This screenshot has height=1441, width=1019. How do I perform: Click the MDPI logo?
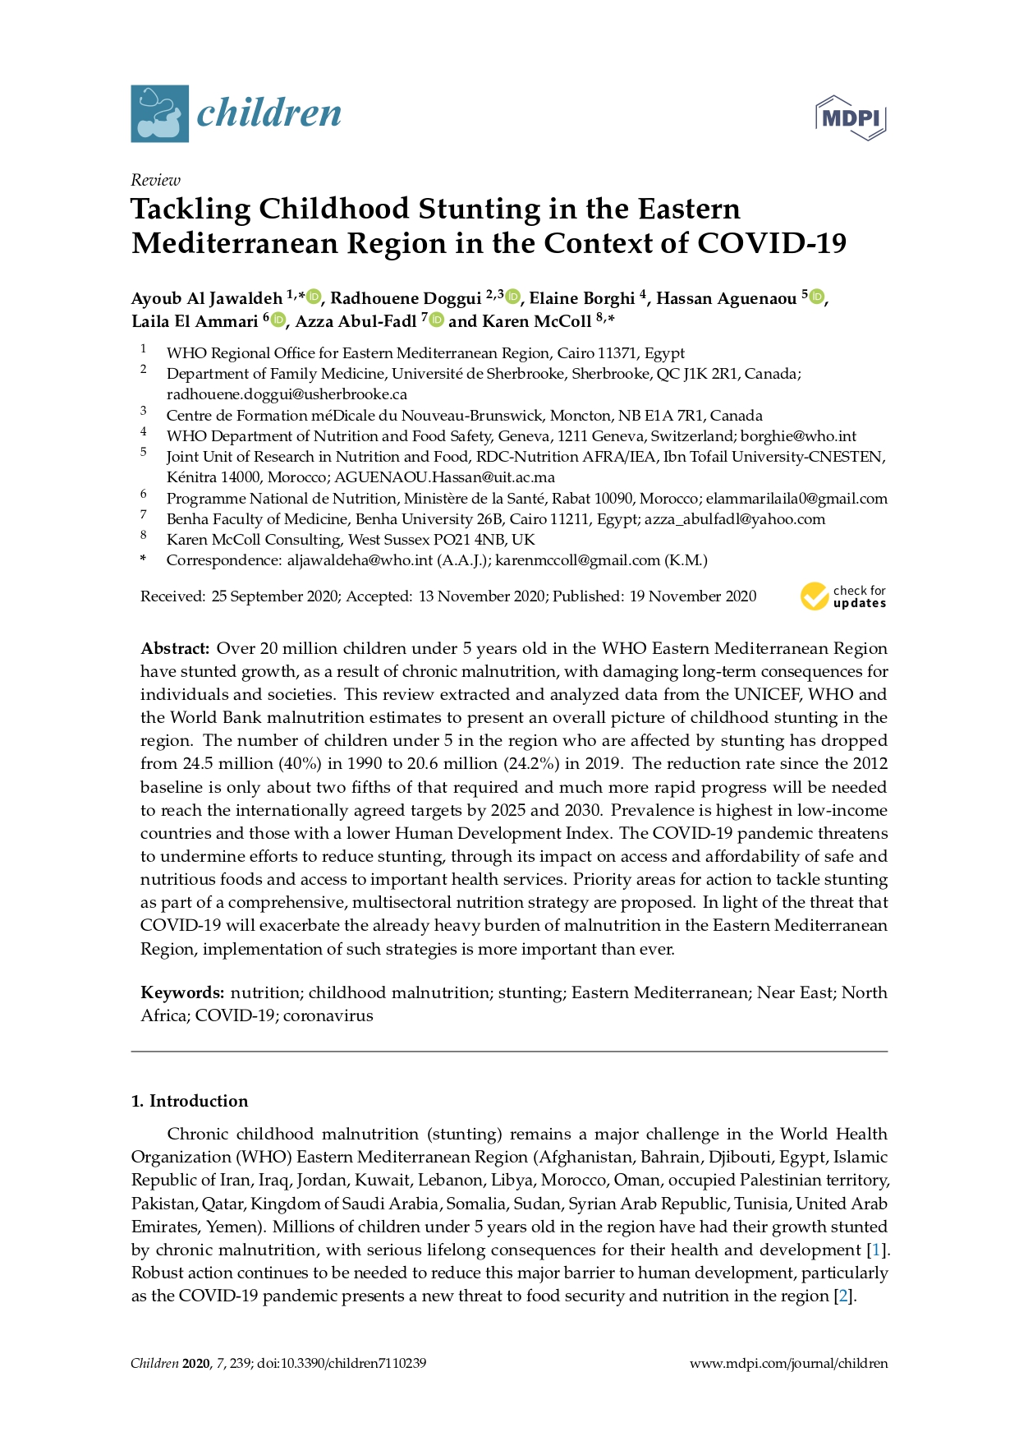pos(851,117)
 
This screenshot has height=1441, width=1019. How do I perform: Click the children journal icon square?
pos(159,113)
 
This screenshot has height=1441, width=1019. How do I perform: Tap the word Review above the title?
pos(155,180)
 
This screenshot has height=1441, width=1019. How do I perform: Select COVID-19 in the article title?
pos(772,243)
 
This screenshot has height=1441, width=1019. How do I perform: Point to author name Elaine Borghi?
pos(581,298)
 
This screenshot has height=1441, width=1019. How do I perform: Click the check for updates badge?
pos(843,596)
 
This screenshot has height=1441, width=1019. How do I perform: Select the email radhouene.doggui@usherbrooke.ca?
pos(287,394)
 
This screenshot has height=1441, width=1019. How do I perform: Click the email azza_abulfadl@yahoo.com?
pos(735,519)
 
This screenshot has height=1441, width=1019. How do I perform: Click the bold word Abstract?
pos(175,649)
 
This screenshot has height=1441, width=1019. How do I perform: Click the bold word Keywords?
pos(182,992)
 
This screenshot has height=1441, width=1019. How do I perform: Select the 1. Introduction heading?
pos(190,1101)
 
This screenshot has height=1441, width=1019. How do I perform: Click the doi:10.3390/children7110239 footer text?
pos(342,1364)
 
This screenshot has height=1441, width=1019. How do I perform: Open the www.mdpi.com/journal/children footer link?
pos(788,1364)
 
